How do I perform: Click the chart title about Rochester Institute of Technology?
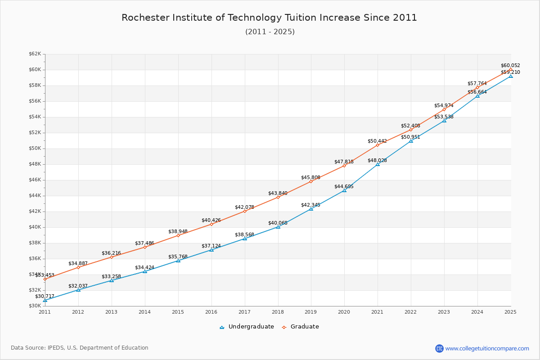coord(269,18)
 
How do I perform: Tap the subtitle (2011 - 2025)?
coord(270,32)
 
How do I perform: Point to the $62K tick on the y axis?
coord(35,54)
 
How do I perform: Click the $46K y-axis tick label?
coord(35,180)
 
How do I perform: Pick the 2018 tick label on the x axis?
coord(278,311)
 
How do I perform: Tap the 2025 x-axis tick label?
coord(510,311)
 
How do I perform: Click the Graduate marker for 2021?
coord(378,145)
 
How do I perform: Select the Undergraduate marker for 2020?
coord(344,190)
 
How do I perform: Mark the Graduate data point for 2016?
coord(211,224)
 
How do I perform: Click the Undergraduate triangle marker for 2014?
coord(145,271)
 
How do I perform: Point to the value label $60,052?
coord(510,66)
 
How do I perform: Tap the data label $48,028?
coord(377,161)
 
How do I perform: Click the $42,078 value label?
coord(244,207)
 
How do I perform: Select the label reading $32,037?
coord(78,286)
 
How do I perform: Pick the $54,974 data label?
coord(444,106)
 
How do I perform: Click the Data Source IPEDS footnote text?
coord(80,348)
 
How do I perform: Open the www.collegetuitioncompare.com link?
coord(487,348)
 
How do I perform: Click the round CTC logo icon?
coord(439,348)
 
